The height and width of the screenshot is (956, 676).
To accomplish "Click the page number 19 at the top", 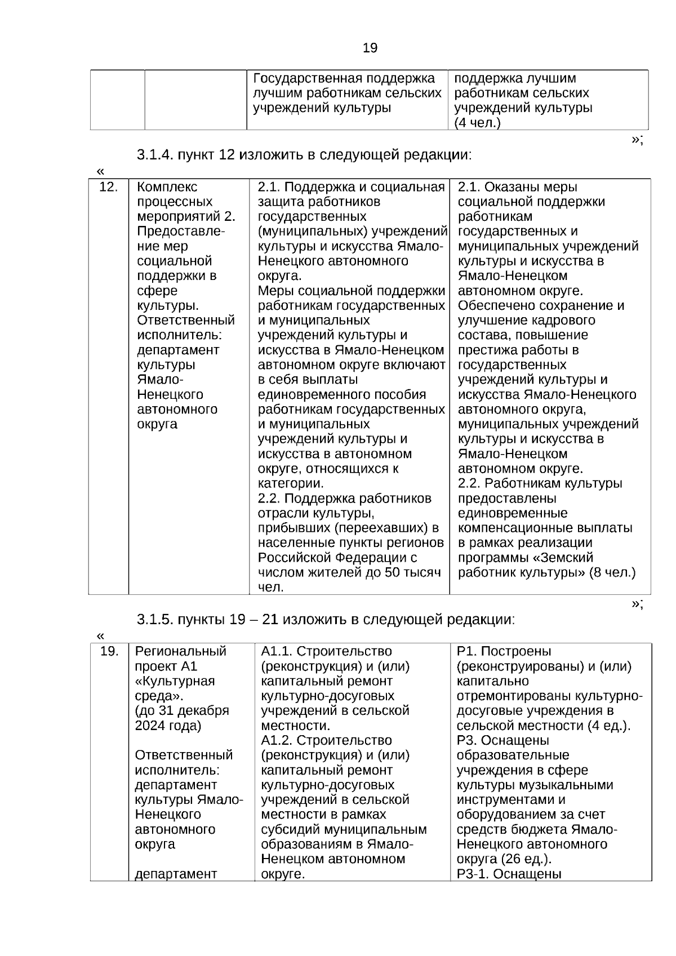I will click(370, 48).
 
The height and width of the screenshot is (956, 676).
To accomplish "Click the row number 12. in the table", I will click(108, 187).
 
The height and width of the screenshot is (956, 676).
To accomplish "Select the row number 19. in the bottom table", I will click(109, 651).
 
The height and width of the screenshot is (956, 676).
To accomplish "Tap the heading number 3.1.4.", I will click(155, 155).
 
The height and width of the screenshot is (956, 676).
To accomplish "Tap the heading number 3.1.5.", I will click(155, 620).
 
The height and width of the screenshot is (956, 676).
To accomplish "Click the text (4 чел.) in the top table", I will click(477, 123).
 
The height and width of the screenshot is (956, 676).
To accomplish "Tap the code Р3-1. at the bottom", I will click(472, 874).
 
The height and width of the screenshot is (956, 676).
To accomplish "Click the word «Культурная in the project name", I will click(175, 681).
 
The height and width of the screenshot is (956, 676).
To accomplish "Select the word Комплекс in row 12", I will click(167, 187).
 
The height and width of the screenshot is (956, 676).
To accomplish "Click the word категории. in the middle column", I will click(291, 483).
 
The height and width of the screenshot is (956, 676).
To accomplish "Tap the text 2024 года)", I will click(168, 725).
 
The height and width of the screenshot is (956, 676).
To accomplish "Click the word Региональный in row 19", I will click(180, 651).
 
